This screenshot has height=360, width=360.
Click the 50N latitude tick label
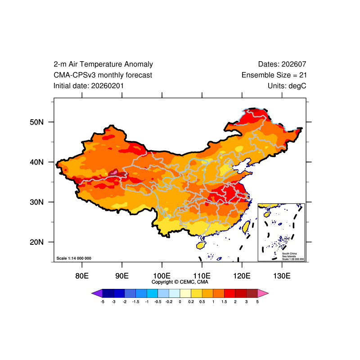point(36,122)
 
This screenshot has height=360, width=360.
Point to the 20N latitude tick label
point(36,242)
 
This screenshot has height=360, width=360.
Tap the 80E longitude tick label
point(82,275)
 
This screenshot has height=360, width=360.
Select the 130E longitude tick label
point(282,275)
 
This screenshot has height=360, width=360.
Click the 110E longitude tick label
point(202,275)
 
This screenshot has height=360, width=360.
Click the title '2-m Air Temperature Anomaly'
point(103,64)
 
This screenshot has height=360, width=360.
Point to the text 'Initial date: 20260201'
point(89,85)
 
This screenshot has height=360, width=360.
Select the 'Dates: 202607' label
point(282,64)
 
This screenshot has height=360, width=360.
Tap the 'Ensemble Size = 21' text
point(274,75)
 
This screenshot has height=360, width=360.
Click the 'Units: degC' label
point(287,85)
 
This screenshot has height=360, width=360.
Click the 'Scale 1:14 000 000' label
point(74,258)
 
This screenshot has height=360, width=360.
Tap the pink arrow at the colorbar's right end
point(263,293)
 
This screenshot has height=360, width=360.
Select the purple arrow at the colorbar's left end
point(97,293)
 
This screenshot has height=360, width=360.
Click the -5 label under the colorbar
point(103,302)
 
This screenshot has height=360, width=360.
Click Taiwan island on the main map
point(246,226)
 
